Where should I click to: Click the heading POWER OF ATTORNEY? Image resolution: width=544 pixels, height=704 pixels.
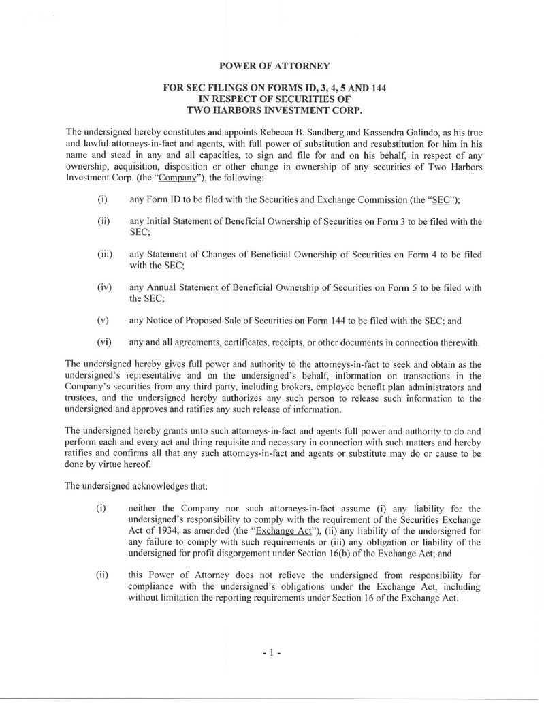pyautogui.click(x=276, y=65)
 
